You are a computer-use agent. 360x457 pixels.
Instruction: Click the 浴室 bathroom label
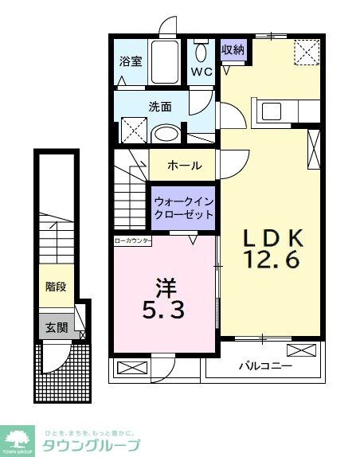[130, 61]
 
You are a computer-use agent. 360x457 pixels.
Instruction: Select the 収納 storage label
[233, 49]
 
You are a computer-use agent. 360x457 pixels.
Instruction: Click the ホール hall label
[184, 166]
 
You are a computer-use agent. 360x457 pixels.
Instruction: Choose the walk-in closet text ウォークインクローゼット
[184, 207]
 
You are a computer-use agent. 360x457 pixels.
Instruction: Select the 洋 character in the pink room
[166, 284]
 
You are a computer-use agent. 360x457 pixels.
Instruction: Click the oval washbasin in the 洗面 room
[165, 133]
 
